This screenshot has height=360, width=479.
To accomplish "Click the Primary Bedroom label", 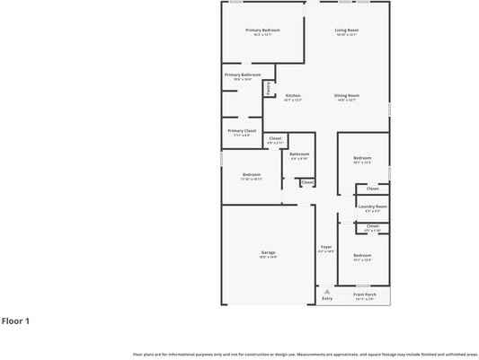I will tap(263, 30).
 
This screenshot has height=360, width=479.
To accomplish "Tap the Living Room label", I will tap(347, 30).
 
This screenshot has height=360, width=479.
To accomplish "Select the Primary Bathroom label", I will tap(243, 75).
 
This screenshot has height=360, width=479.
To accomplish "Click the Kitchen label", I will tap(293, 95).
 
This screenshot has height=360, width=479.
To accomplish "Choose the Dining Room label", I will tap(348, 95).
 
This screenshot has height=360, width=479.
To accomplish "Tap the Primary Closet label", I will tap(240, 131).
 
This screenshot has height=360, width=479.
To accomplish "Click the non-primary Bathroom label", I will tap(299, 154).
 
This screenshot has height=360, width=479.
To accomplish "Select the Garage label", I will tap(268, 252).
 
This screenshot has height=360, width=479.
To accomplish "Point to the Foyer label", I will tap(325, 246).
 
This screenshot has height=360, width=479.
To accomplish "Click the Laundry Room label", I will tap(372, 206).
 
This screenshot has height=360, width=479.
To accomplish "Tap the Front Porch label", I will tap(364, 294).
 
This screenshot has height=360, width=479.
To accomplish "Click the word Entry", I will tap(327, 298).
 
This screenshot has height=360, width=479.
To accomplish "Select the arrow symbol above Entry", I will tap(327, 291).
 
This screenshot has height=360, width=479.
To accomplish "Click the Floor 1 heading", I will tap(16, 320).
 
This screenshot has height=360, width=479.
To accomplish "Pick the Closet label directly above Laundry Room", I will tap(372, 189).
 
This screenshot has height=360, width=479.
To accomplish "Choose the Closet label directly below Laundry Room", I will tap(372, 225).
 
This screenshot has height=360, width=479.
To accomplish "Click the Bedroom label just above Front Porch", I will tap(362, 256).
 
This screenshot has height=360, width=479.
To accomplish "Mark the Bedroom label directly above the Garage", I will tap(252, 174).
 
